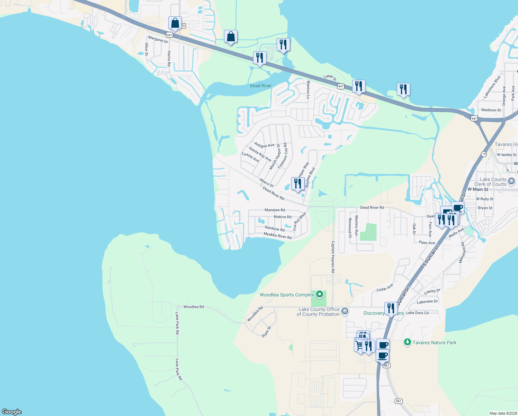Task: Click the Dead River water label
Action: [261, 86]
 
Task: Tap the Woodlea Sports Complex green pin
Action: [320, 295]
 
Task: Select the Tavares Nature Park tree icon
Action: [408, 343]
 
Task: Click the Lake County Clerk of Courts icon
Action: [511, 181]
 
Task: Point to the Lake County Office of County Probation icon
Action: [345, 311]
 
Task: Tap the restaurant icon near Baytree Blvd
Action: [298, 184]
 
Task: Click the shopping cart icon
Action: [359, 346]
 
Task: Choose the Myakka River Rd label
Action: [277, 236]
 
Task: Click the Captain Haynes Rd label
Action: [333, 257]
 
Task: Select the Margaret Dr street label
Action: [158, 40]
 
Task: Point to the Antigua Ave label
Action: [264, 145]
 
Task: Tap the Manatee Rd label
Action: [275, 210]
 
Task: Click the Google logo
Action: [12, 412]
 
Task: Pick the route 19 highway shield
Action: [484, 154]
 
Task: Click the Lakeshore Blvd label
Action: [492, 87]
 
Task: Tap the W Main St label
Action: [478, 189]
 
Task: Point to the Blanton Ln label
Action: [308, 90]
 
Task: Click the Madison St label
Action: [491, 110]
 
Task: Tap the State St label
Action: [266, 332]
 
